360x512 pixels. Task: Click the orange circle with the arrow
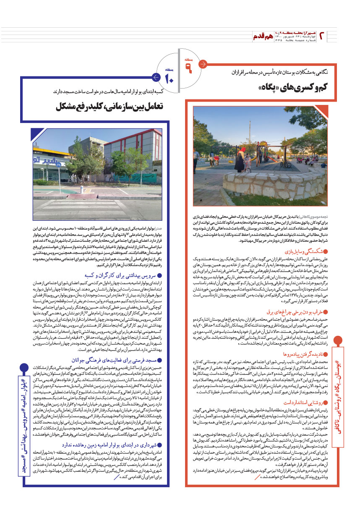[x=203, y=64]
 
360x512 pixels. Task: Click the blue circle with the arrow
[x=155, y=77]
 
